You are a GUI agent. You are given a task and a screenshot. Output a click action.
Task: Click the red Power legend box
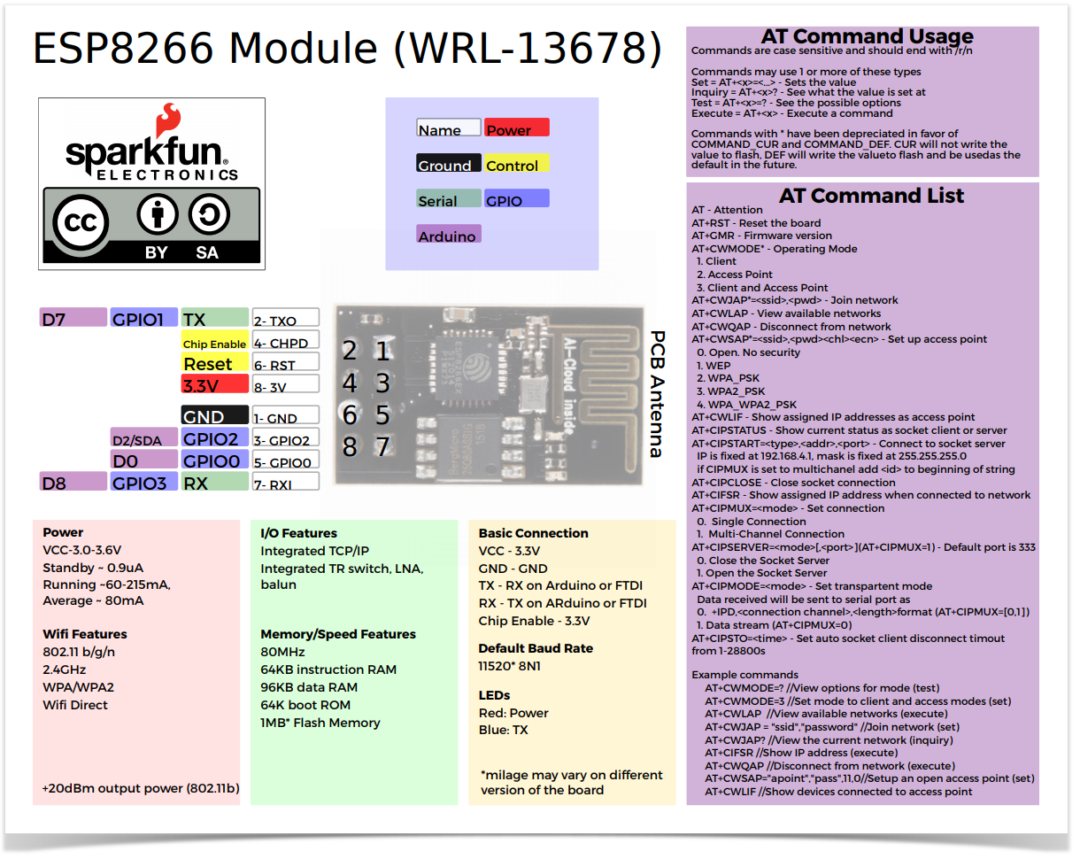[x=517, y=128]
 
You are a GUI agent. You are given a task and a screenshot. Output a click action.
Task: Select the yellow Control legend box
[x=517, y=164]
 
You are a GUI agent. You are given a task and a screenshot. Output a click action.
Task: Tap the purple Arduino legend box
[x=448, y=235]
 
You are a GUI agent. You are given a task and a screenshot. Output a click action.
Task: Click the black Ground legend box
[x=448, y=164]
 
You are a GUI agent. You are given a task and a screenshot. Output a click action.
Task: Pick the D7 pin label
[x=73, y=319]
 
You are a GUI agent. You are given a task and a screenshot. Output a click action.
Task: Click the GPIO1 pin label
[x=143, y=319]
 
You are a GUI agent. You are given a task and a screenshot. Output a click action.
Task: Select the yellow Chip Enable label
[x=214, y=342]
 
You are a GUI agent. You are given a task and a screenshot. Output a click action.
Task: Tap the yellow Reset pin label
[x=214, y=363]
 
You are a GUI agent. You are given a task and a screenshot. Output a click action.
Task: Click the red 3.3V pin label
[x=214, y=384]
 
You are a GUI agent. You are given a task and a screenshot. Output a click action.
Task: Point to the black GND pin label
[x=214, y=416]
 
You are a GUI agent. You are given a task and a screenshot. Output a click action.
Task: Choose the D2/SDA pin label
[x=143, y=438]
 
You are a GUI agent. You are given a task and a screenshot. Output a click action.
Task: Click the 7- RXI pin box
[x=284, y=483]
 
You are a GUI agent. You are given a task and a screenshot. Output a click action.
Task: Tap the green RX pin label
[x=214, y=483]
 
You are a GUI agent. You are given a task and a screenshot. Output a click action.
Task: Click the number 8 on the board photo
[x=350, y=447]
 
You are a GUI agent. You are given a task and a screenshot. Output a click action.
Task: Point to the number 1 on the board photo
[x=382, y=352]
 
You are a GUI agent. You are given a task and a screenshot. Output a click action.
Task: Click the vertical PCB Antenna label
[x=657, y=394]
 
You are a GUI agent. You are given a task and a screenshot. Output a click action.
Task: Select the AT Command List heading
[x=871, y=196]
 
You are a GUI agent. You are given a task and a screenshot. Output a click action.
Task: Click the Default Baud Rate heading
[x=536, y=648]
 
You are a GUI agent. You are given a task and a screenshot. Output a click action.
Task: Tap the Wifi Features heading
[x=85, y=634]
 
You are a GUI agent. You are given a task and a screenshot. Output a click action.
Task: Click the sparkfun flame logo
[x=167, y=120]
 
